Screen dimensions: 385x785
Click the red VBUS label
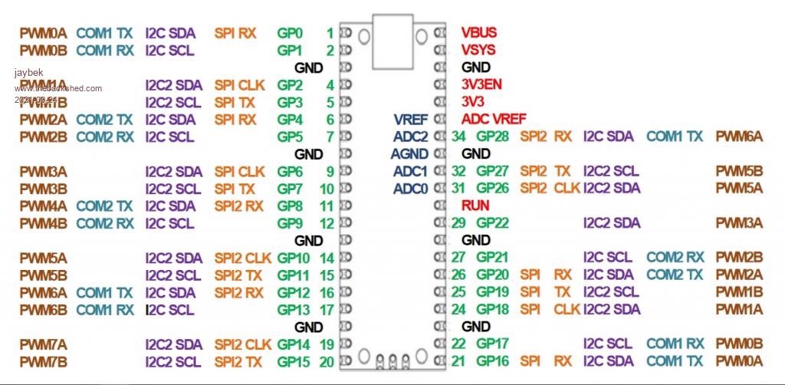click(479, 33)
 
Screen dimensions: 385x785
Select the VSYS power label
click(478, 50)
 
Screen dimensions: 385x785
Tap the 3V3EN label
click(481, 84)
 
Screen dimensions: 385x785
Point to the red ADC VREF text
click(494, 119)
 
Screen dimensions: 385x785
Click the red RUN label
click(475, 206)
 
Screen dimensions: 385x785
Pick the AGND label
click(409, 153)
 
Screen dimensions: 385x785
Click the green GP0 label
click(290, 33)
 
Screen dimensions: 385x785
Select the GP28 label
click(492, 137)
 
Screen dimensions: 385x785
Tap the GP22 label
click(492, 223)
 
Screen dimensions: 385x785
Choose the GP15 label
click(294, 361)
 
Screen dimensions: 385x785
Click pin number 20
click(327, 361)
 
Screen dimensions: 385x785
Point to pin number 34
click(459, 137)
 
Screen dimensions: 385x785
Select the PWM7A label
click(44, 344)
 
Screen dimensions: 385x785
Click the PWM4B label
click(44, 223)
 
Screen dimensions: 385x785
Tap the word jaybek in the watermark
click(27, 72)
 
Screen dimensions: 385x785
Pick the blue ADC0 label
click(411, 188)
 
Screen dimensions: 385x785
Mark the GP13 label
click(294, 310)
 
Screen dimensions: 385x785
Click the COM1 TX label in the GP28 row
click(675, 137)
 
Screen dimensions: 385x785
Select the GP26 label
click(492, 188)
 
